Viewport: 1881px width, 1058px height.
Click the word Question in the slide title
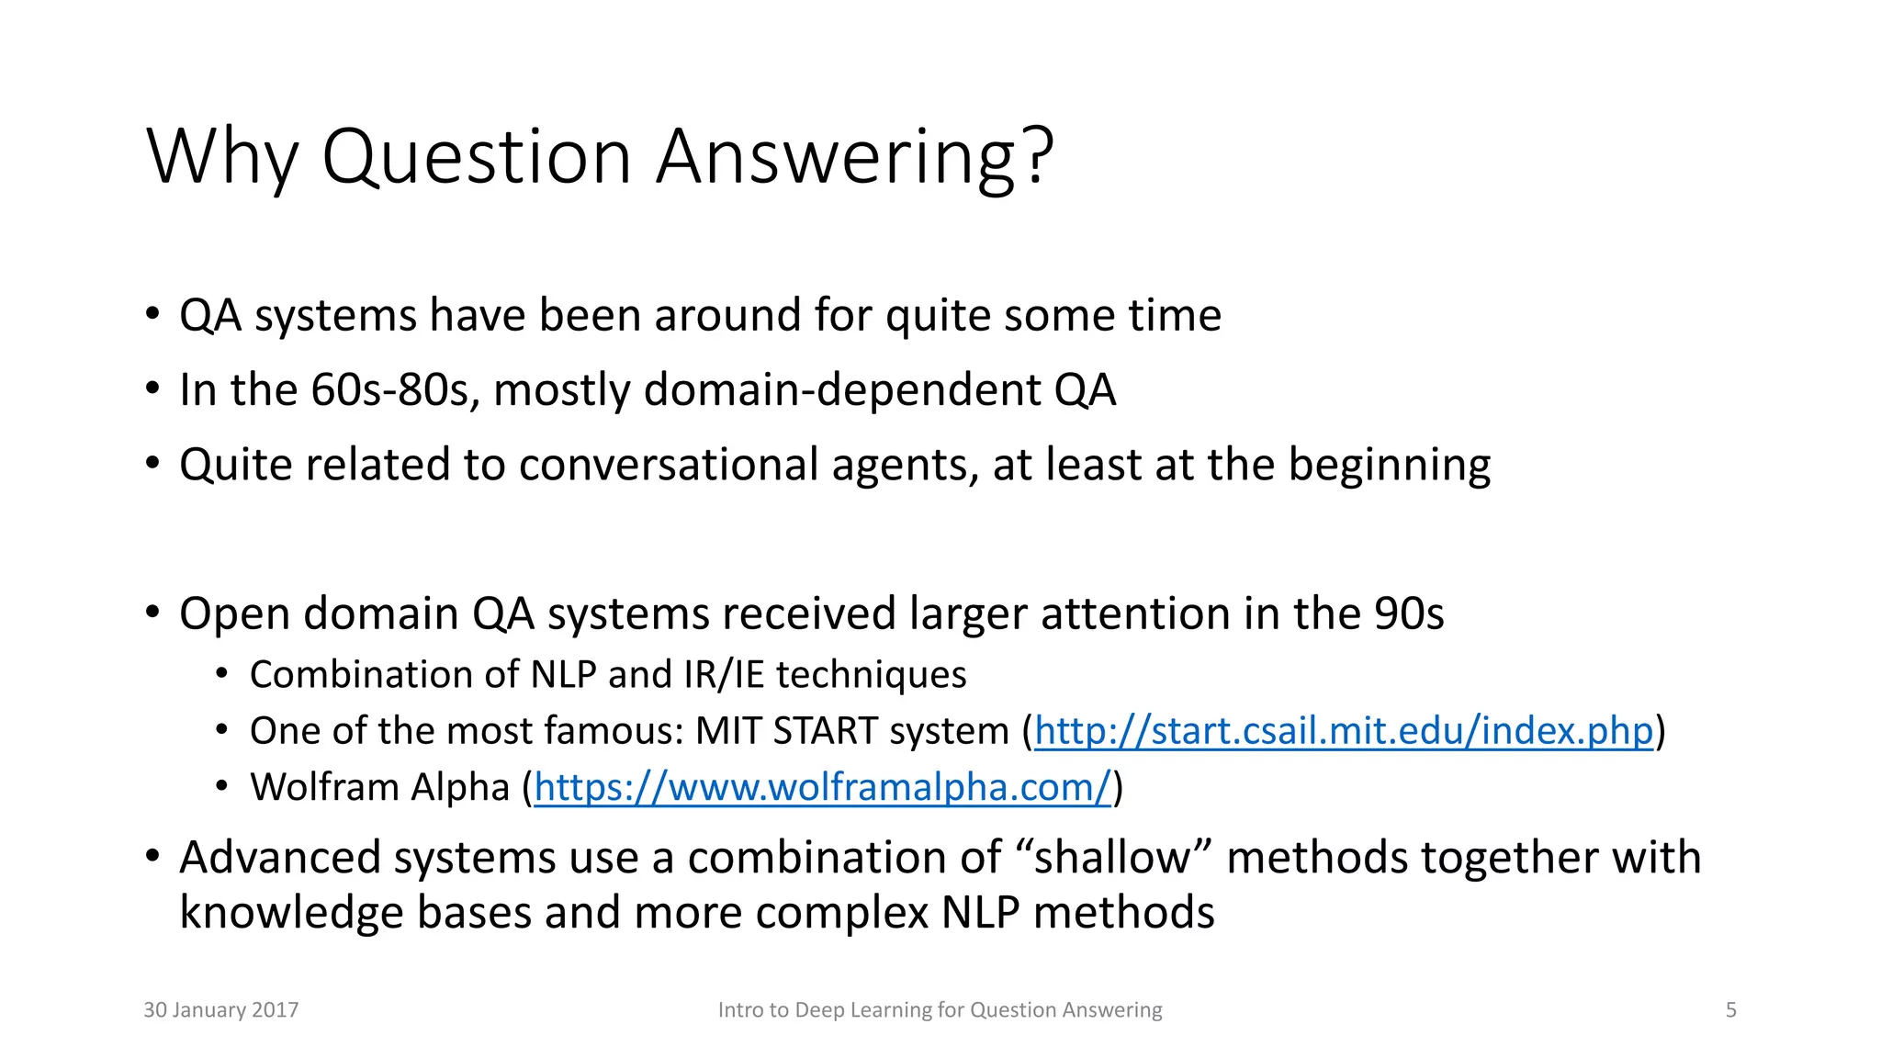[x=478, y=158]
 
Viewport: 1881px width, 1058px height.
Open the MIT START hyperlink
[x=1343, y=731]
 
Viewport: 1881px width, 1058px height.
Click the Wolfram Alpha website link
[x=822, y=788]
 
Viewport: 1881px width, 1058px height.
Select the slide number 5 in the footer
[x=1730, y=1010]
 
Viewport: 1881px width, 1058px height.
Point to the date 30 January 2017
[x=221, y=1010]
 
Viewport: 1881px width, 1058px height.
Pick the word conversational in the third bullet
[x=669, y=465]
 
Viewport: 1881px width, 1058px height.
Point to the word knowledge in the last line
[x=291, y=914]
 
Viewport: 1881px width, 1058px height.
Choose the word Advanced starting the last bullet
[x=281, y=858]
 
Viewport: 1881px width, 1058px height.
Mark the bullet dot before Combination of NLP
[x=221, y=675]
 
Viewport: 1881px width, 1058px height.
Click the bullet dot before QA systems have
[x=152, y=315]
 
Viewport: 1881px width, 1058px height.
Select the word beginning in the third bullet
[x=1389, y=465]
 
